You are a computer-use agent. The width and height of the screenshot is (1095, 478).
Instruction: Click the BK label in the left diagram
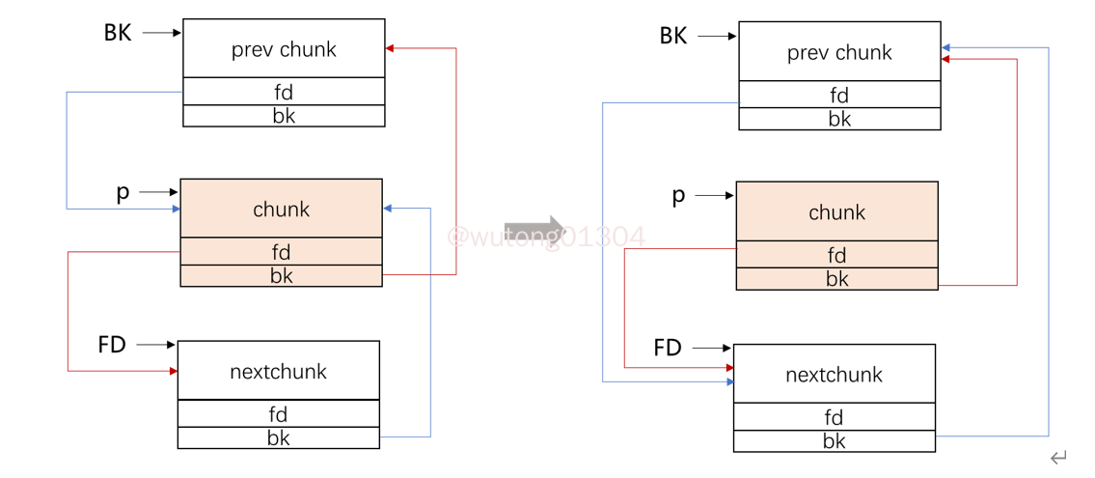click(x=118, y=33)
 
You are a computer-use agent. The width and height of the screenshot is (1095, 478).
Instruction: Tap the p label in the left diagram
click(x=123, y=192)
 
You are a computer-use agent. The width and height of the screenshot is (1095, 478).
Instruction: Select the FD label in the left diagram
click(x=112, y=345)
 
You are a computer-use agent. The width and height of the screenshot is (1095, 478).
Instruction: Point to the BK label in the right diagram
click(x=673, y=37)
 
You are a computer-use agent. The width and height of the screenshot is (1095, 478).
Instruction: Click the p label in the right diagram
click(x=678, y=196)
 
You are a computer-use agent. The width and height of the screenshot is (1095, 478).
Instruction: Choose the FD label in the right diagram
click(x=668, y=348)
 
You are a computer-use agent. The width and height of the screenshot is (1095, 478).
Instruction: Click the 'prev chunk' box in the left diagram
click(x=284, y=49)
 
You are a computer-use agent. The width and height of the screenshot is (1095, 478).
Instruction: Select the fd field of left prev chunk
click(x=284, y=93)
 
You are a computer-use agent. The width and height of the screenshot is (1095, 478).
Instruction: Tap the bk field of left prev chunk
click(x=284, y=116)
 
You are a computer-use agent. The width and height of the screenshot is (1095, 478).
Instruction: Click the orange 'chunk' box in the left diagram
click(x=281, y=209)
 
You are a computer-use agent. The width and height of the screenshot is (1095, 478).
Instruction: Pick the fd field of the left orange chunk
click(x=281, y=252)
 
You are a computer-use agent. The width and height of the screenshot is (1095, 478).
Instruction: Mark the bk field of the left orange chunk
click(x=281, y=276)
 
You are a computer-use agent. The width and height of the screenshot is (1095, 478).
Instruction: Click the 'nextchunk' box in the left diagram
click(x=278, y=371)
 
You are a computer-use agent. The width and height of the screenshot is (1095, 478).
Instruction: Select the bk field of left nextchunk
click(x=278, y=437)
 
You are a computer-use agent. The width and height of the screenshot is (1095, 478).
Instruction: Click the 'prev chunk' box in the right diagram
click(x=839, y=52)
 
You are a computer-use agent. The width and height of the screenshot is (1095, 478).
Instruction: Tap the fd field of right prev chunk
click(x=839, y=96)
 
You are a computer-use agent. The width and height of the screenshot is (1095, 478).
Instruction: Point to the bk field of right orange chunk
click(x=836, y=279)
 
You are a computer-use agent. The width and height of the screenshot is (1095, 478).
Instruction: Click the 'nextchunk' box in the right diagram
click(x=834, y=374)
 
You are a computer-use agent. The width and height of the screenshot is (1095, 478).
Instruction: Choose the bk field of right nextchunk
click(x=834, y=441)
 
